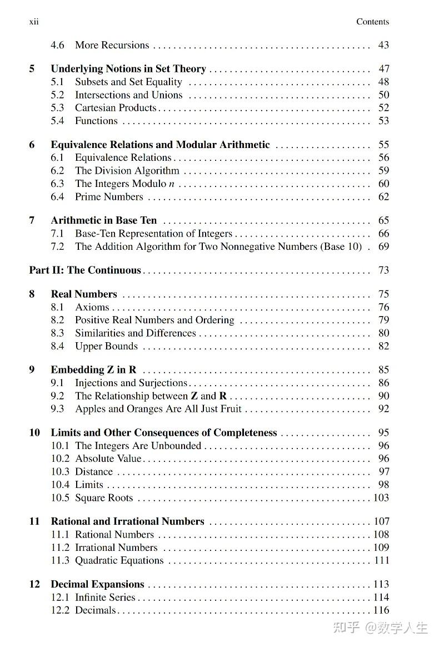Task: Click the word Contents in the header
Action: [372, 22]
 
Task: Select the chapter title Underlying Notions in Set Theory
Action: [128, 69]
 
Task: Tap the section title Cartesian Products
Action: [116, 108]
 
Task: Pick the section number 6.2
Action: [58, 171]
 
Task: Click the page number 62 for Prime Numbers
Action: [383, 197]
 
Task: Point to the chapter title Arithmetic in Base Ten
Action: [104, 220]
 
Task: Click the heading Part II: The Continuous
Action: [85, 270]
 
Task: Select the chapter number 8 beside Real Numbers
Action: [32, 294]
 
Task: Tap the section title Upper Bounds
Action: [106, 346]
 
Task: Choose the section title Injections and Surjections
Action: [131, 383]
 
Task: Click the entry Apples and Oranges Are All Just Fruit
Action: [158, 409]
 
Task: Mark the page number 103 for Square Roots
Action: [381, 498]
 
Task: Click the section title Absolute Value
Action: [108, 459]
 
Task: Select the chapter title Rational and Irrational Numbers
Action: [127, 522]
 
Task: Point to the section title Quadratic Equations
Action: [119, 561]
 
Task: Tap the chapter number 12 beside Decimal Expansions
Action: [34, 584]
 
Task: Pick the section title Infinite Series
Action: [105, 598]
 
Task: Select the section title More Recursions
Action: [112, 45]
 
